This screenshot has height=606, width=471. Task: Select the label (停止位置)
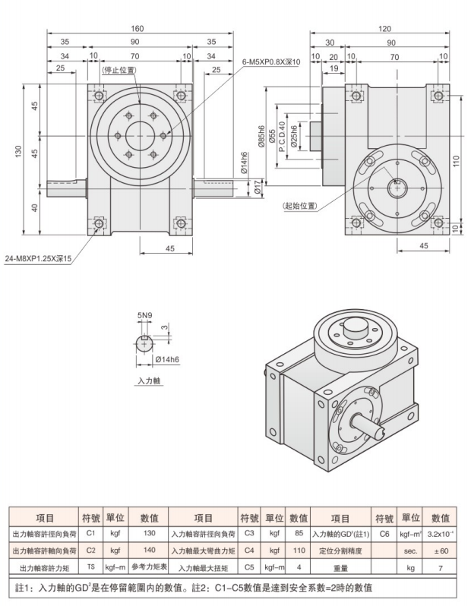[x=119, y=70]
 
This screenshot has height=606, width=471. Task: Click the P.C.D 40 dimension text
[x=282, y=137]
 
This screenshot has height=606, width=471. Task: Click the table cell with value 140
[x=148, y=550]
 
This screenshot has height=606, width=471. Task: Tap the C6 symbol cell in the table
[x=384, y=534]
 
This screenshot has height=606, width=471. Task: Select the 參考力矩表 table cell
[x=148, y=567]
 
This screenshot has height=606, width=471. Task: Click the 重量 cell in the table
[x=340, y=567]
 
